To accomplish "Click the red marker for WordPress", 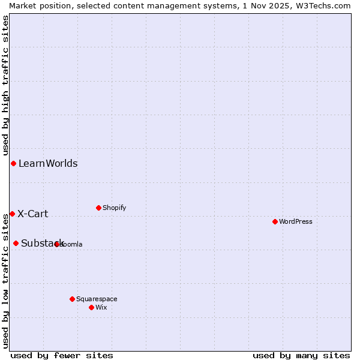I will tap(275, 221).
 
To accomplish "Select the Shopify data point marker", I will tap(98, 208).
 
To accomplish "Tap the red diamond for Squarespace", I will tap(72, 299).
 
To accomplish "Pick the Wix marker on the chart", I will tap(91, 307).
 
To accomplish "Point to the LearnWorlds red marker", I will tap(13, 164).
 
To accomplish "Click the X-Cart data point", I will tap(12, 214).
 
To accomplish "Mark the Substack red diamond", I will tap(16, 243).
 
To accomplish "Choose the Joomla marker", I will tap(56, 244).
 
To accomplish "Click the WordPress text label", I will tap(296, 221).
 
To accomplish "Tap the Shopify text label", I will tap(114, 208).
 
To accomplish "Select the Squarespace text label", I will tap(97, 299).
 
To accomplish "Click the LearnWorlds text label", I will tap(48, 164).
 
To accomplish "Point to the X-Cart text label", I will tap(33, 214).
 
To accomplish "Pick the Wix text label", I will tap(101, 307).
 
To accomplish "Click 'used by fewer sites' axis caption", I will tap(62, 355).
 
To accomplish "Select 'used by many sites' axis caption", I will tap(301, 355).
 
